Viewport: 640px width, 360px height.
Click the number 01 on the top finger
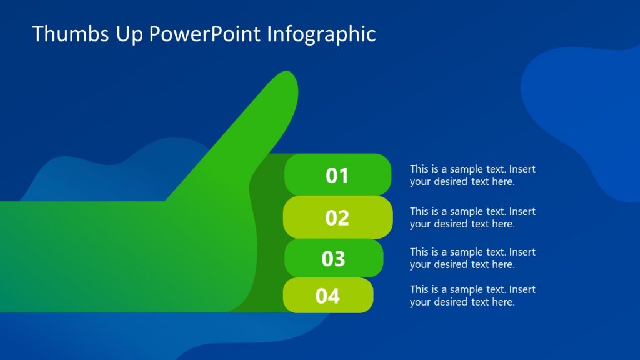coord(337,176)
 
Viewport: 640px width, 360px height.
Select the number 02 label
coord(337,217)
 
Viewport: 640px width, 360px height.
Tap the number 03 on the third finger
coord(333,259)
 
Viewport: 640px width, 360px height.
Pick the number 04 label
coord(327,296)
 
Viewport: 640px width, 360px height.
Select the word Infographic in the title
coord(321,34)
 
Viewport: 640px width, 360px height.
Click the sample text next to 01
coord(472,175)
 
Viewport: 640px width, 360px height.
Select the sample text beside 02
coord(472,217)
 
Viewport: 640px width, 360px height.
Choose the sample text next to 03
coord(472,258)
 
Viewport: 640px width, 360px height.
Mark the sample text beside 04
coord(472,296)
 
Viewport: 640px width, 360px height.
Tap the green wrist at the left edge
coord(25,256)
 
